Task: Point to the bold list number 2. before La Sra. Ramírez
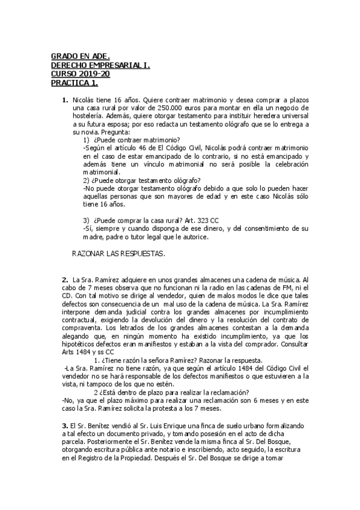65,280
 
